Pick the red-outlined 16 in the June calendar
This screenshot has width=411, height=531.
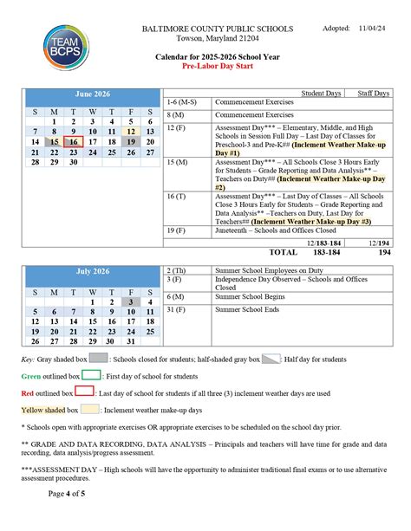pos(74,141)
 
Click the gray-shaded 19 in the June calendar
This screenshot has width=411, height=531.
pos(131,141)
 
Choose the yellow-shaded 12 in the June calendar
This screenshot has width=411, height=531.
pos(131,131)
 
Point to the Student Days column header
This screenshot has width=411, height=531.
pos(321,93)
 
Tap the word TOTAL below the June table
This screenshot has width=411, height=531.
pos(284,253)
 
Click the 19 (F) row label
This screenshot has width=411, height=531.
pos(178,230)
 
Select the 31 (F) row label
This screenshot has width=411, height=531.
pos(178,309)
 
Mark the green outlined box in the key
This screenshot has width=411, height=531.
pos(90,376)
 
